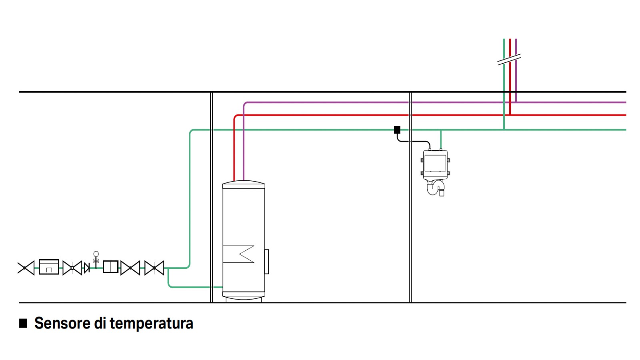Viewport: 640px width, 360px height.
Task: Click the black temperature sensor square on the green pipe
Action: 397,130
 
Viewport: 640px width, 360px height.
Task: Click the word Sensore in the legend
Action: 62,323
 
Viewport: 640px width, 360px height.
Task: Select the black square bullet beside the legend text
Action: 23,323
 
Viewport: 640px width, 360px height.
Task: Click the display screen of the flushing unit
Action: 435,163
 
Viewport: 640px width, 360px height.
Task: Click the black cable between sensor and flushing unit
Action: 414,141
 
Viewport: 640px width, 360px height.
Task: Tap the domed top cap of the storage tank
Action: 244,184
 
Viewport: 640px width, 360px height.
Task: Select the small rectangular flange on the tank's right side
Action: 266,262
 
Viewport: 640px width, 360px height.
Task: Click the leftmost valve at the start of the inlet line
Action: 26,268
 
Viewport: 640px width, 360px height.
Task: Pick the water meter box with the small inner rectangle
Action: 49,267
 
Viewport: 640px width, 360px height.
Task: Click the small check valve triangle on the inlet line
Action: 86,268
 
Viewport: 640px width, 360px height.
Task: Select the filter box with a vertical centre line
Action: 110,267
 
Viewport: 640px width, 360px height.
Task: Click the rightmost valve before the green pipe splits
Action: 154,268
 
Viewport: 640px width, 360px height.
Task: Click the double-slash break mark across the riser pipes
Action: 509,60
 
